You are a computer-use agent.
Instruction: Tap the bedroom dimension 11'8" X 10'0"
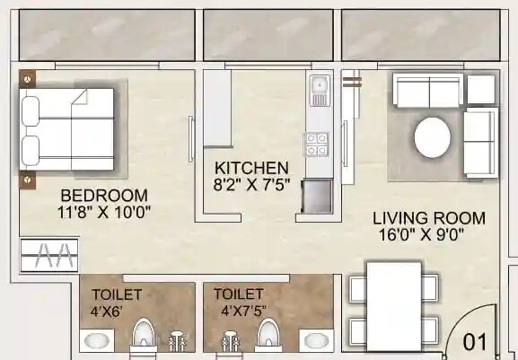click(x=103, y=213)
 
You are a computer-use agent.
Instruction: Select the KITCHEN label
click(x=251, y=168)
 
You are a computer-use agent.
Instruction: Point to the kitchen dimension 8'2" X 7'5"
click(x=251, y=184)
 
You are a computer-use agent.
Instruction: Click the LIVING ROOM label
click(x=429, y=218)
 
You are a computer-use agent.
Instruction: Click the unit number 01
click(x=475, y=342)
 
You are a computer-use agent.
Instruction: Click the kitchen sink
click(x=319, y=90)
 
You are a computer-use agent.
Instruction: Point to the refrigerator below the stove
click(x=317, y=195)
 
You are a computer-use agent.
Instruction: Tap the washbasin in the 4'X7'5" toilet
click(x=314, y=340)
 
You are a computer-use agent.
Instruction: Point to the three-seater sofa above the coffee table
click(x=428, y=90)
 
